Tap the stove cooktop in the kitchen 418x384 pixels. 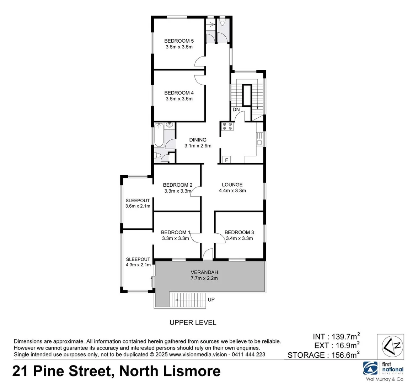coord(227,127)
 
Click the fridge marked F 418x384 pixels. coord(226,160)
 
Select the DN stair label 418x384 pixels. coord(236,110)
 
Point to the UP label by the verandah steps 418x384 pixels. coord(211,300)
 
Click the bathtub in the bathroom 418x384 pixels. coord(159,135)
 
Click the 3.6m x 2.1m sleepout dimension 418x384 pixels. coord(138,206)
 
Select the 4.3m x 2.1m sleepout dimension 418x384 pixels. coord(138,265)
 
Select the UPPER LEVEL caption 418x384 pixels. coord(193,323)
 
